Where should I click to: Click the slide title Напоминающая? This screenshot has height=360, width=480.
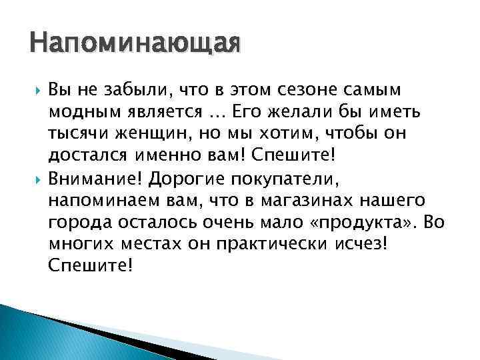pos(134,45)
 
